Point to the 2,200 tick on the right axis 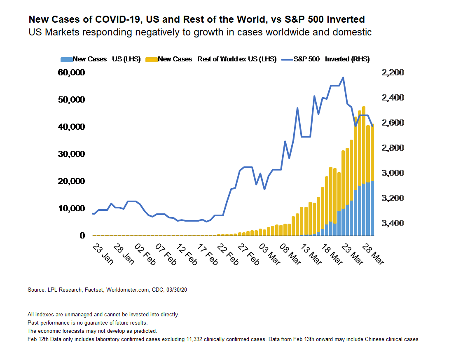point(393,73)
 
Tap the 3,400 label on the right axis point(393,223)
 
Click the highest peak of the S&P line point(343,77)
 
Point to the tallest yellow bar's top point(364,107)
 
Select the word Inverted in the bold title point(344,19)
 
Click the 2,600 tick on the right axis point(393,123)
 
